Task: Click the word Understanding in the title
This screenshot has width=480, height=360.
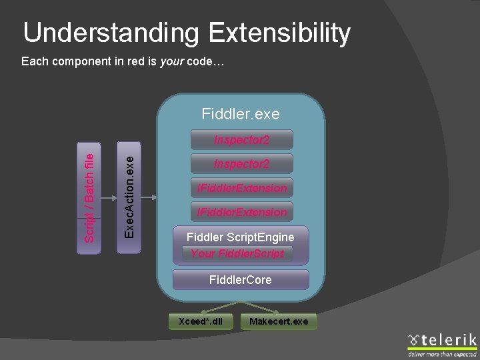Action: click(111, 33)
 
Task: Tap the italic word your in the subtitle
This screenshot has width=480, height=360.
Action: click(171, 61)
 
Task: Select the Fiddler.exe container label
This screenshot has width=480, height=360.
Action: click(241, 115)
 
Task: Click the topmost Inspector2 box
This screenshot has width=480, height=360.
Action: click(241, 139)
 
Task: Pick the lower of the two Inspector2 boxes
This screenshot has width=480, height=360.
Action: click(241, 163)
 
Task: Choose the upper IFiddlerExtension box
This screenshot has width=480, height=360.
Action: click(241, 188)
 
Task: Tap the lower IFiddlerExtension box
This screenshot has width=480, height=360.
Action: click(241, 212)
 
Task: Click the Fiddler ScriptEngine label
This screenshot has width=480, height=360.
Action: click(240, 237)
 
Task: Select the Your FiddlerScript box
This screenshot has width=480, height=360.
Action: click(237, 253)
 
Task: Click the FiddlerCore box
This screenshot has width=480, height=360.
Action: click(240, 280)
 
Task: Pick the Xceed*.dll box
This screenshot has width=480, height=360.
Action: click(200, 321)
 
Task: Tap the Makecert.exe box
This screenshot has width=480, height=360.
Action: click(279, 321)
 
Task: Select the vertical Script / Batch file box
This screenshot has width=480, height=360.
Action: click(90, 197)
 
